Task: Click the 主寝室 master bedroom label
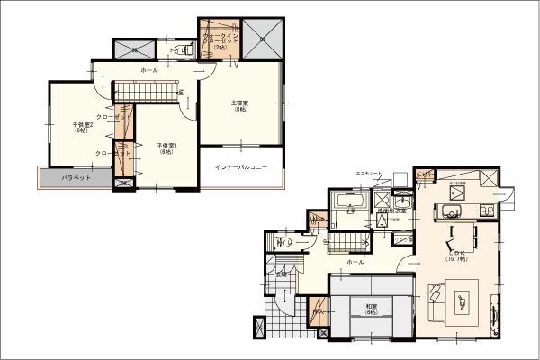point(240,106)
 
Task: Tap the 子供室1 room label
point(165,148)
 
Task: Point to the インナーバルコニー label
point(240,168)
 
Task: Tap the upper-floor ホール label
point(148,70)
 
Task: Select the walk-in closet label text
point(220,41)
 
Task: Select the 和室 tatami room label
point(371,310)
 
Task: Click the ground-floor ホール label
point(355,262)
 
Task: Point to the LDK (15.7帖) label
point(456,256)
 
